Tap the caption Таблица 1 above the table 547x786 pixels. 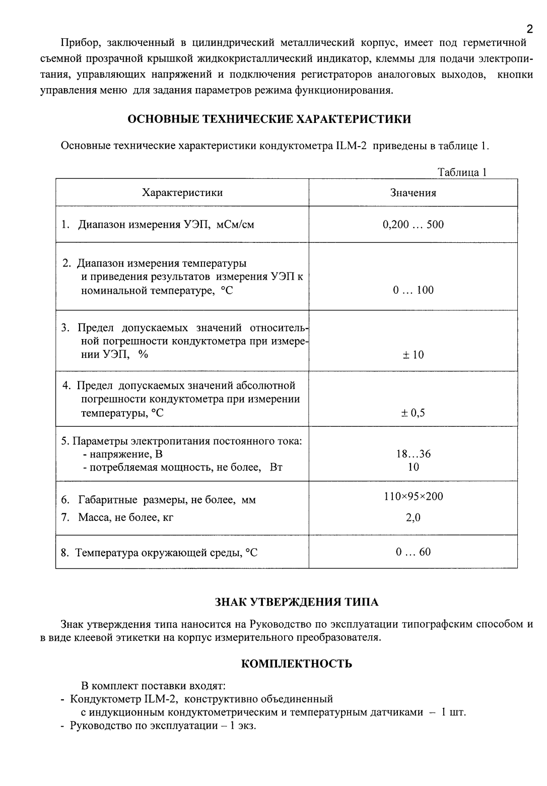point(462,172)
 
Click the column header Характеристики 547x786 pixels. point(182,192)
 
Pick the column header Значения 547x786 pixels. point(413,192)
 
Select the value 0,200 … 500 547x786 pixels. point(413,225)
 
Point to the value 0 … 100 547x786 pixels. point(413,290)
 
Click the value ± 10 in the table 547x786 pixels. point(413,355)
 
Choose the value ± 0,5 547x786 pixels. point(413,413)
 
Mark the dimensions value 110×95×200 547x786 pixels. point(413,496)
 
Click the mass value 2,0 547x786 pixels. point(413,517)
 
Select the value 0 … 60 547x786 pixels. point(413,552)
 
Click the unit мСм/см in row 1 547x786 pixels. point(235,225)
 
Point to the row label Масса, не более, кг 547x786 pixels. point(125,517)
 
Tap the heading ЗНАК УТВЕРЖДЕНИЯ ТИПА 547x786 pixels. point(297,602)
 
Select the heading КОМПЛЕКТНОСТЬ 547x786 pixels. point(297,664)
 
